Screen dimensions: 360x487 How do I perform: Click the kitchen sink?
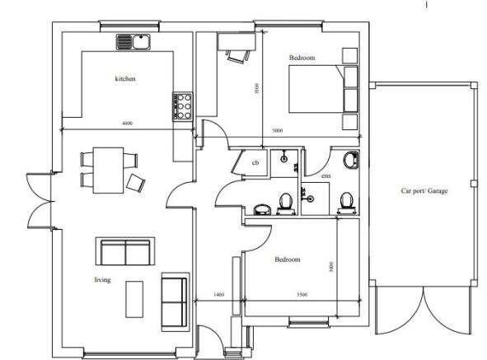132,42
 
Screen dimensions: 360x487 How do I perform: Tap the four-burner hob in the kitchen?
181,105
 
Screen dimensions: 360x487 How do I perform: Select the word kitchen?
124,79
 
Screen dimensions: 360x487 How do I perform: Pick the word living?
102,280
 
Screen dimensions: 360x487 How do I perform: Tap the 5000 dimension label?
277,131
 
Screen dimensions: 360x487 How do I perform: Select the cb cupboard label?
255,163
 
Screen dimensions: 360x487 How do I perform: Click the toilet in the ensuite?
346,200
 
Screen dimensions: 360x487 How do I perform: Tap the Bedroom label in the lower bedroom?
288,259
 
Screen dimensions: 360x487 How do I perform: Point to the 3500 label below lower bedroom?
302,294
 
